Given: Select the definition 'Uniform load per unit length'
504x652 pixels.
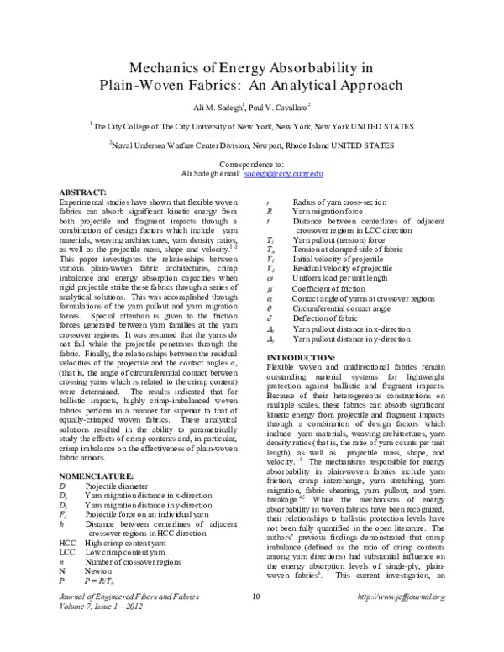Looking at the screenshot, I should point(343,301).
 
